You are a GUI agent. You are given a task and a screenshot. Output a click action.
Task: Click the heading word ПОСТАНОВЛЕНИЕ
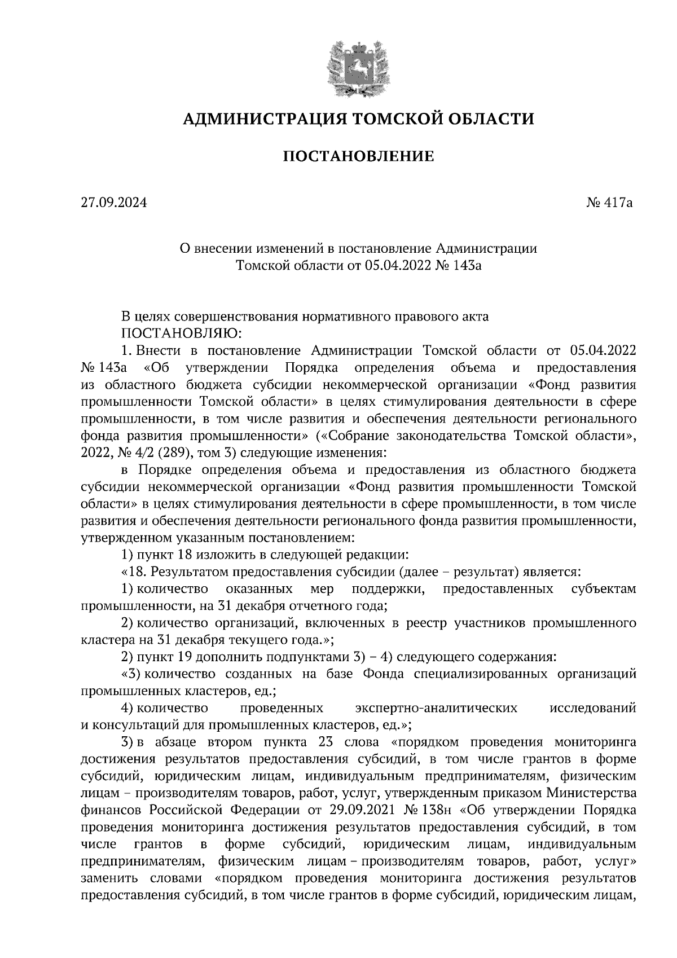point(358,156)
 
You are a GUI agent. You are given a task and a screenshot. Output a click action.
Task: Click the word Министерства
point(592,793)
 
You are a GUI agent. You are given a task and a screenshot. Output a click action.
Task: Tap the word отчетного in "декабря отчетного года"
point(307,606)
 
